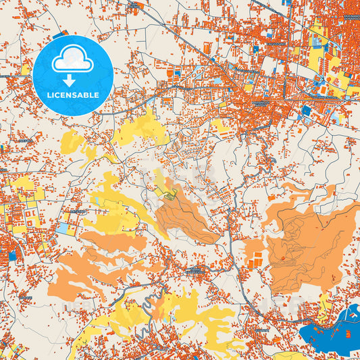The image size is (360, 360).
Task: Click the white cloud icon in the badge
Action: [x=72, y=61]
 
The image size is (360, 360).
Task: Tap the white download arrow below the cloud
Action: [x=72, y=80]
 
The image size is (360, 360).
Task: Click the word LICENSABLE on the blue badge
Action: [x=72, y=95]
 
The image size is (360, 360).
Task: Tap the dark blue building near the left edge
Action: [x=12, y=256]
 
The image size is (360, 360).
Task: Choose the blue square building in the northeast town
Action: [x=305, y=110]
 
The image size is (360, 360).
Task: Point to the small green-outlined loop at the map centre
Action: [x=171, y=195]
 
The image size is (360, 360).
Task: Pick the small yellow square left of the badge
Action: [x=26, y=69]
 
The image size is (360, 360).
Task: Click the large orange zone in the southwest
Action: [x=81, y=274]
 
